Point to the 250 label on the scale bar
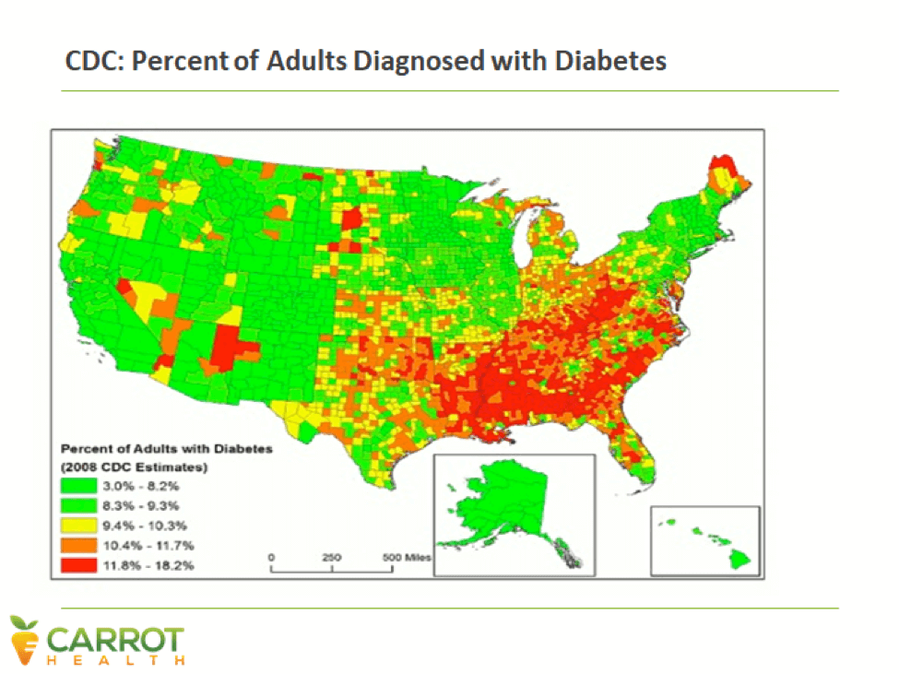point(332,558)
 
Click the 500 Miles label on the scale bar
point(407,558)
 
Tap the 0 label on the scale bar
point(272,558)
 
